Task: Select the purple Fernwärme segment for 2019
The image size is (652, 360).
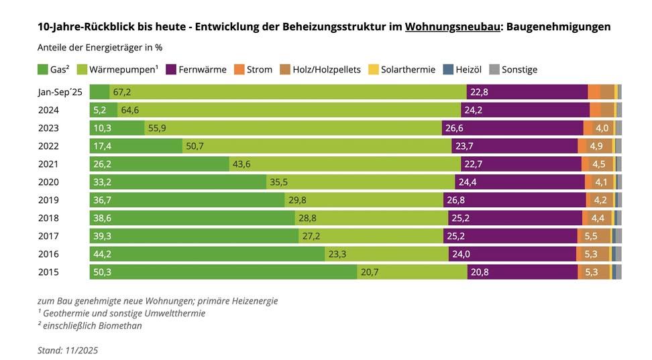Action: coord(514,200)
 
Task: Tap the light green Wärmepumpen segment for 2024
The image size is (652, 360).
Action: coord(289,110)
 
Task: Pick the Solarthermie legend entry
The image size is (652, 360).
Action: coord(402,70)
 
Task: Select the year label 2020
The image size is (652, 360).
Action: coord(48,182)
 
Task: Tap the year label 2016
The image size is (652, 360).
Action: coord(48,254)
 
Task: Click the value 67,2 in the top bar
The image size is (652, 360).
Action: coord(122,93)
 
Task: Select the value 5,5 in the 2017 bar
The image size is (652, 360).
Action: coord(591,236)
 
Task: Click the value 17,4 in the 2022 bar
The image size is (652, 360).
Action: coord(103,146)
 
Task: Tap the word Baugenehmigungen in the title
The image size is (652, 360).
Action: coord(558,27)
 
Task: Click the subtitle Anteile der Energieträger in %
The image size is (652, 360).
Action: coord(99,48)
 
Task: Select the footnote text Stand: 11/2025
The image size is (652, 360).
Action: coord(68,350)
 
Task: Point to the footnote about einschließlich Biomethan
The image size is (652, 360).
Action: coord(90,326)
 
